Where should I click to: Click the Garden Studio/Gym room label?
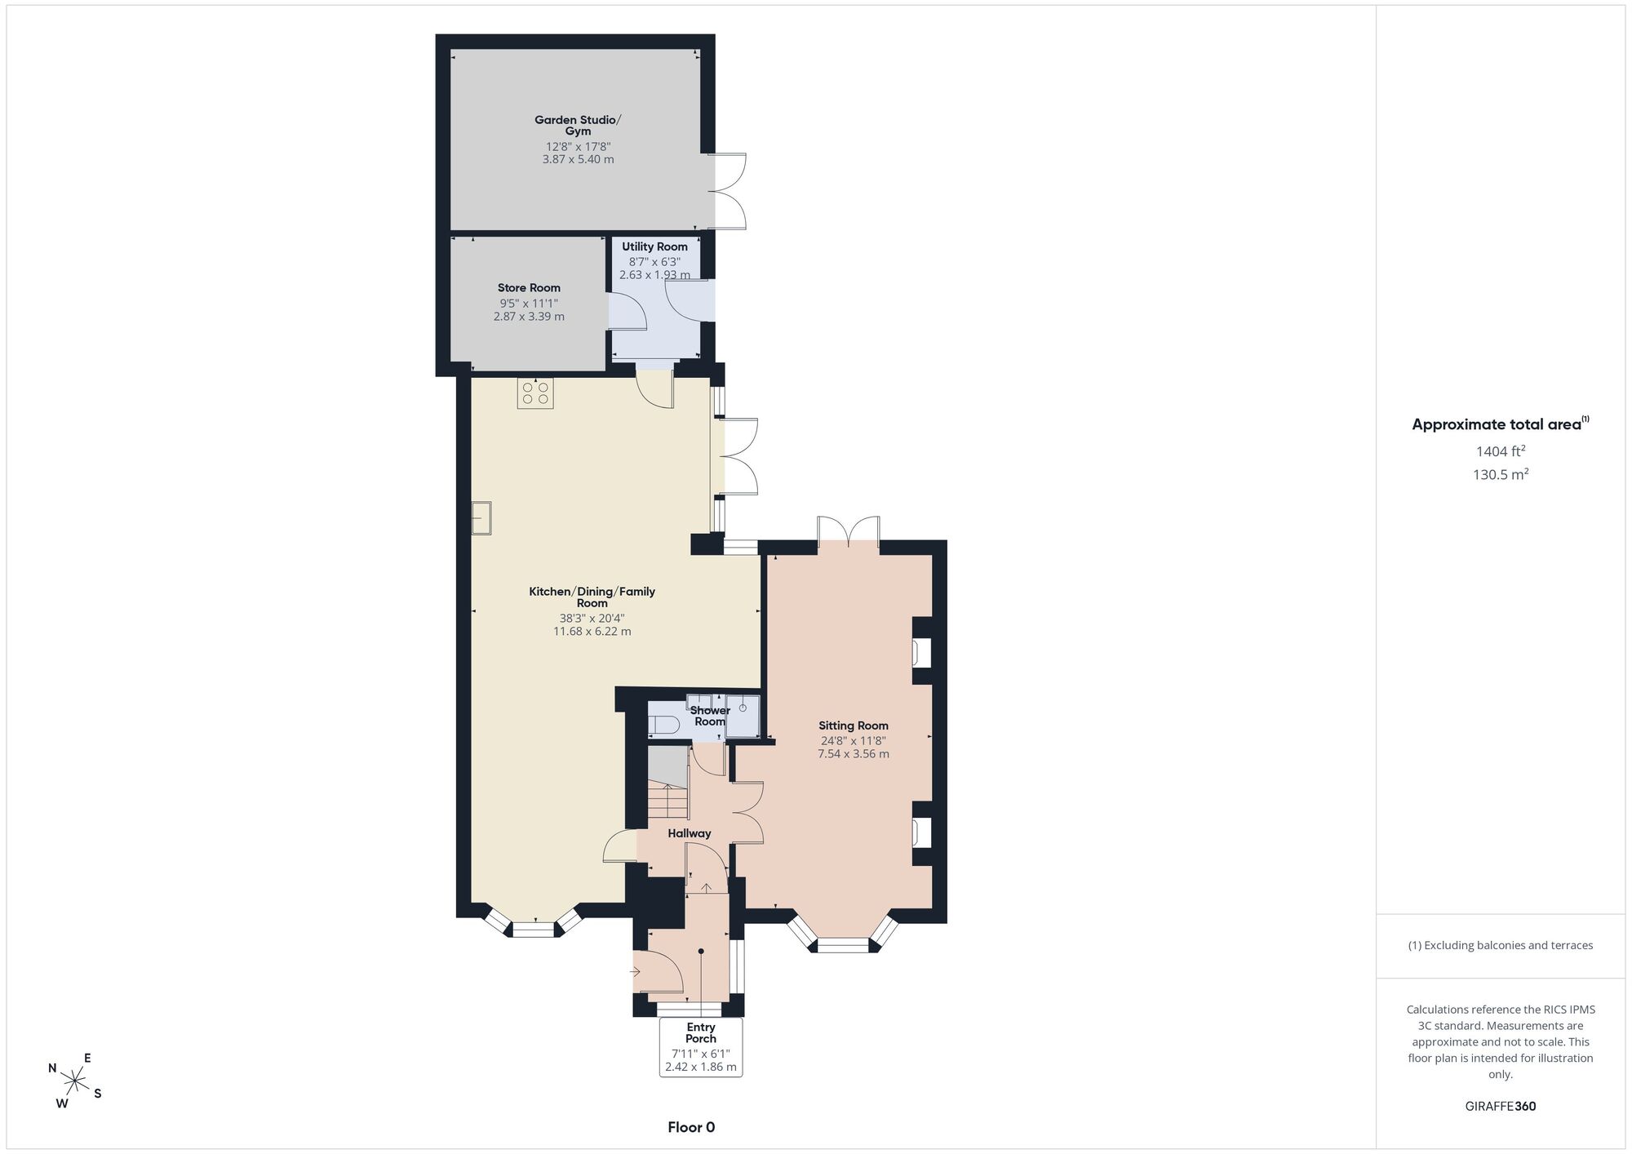pyautogui.click(x=578, y=125)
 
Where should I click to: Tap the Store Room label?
pyautogui.click(x=529, y=287)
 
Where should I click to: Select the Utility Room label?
pyautogui.click(x=654, y=246)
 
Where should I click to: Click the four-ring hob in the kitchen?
pyautogui.click(x=535, y=393)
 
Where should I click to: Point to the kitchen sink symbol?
pyautogui.click(x=481, y=517)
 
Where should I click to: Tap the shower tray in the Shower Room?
pyautogui.click(x=743, y=716)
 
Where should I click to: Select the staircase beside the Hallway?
pyautogui.click(x=668, y=782)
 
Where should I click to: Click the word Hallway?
pyautogui.click(x=690, y=833)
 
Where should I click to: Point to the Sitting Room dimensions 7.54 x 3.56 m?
pyautogui.click(x=854, y=754)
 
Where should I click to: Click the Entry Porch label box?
pyautogui.click(x=701, y=1047)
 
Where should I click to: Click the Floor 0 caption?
pyautogui.click(x=691, y=1127)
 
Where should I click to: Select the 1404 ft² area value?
pyautogui.click(x=1501, y=451)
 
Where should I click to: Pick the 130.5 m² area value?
pyautogui.click(x=1501, y=474)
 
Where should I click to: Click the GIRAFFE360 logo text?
pyautogui.click(x=1501, y=1107)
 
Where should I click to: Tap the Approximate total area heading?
pyautogui.click(x=1501, y=424)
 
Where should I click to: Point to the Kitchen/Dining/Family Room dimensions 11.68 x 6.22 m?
pyautogui.click(x=592, y=632)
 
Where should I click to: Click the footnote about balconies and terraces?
pyautogui.click(x=1501, y=945)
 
